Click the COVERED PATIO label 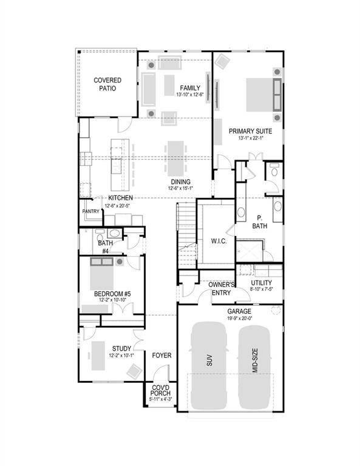[x=107, y=84]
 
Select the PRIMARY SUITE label [x=250, y=131]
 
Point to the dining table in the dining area [x=175, y=157]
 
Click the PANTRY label [x=90, y=211]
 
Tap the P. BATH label [x=260, y=222]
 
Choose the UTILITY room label [x=261, y=283]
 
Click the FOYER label [x=161, y=355]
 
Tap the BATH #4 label [x=104, y=247]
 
